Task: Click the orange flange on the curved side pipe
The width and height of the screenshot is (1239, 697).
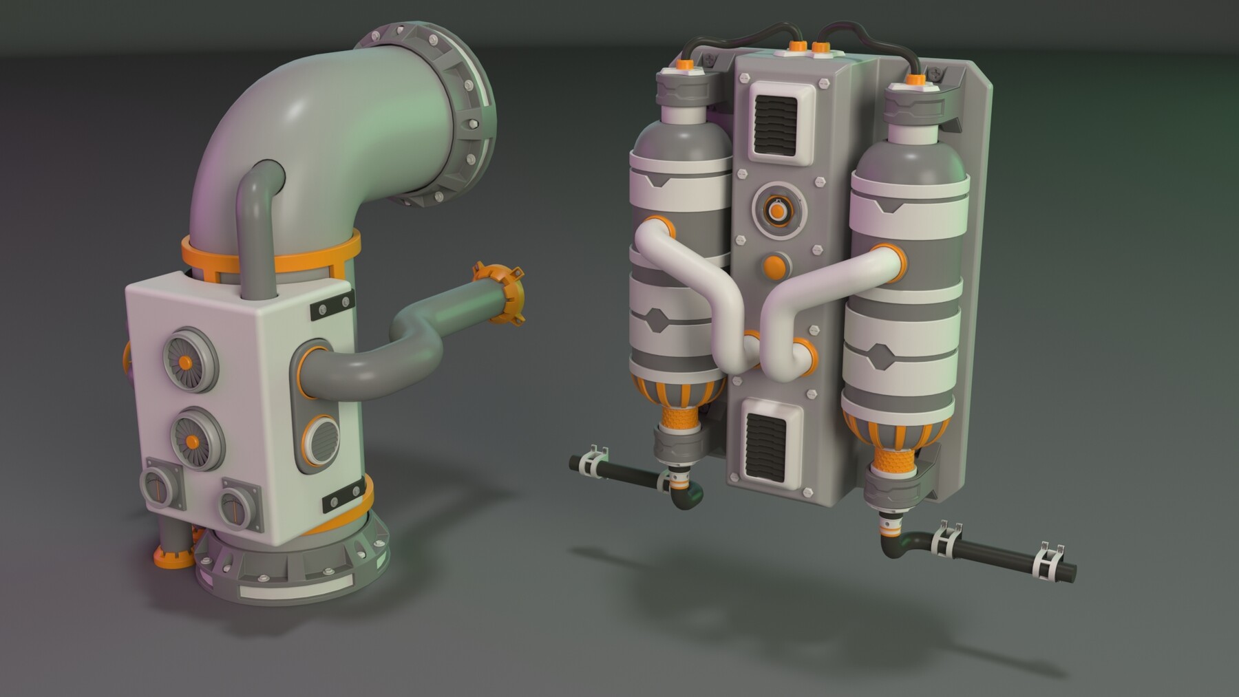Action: pos(501,292)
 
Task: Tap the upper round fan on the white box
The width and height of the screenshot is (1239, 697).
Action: pos(188,361)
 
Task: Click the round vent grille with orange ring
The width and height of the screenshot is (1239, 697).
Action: pos(321,440)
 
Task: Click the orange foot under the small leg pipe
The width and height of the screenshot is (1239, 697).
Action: pos(173,557)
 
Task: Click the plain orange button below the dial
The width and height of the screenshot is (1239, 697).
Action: pos(776,267)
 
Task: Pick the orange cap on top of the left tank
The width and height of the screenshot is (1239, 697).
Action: pos(685,65)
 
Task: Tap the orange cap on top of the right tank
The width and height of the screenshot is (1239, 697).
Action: pos(915,81)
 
